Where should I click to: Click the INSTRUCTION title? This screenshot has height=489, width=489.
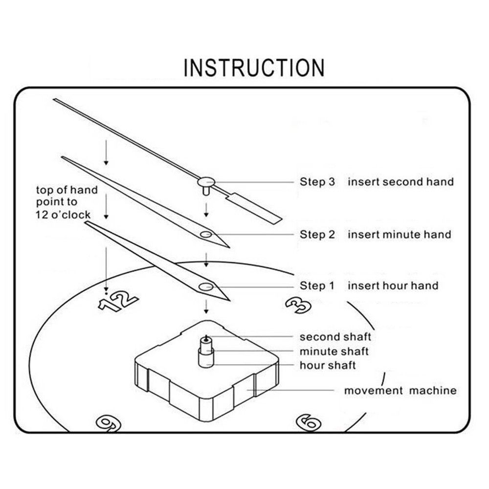click(x=254, y=67)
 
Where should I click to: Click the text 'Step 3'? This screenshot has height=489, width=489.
click(x=317, y=182)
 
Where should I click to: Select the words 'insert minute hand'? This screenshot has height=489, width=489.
click(x=399, y=235)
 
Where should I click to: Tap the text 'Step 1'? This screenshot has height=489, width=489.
click(x=317, y=286)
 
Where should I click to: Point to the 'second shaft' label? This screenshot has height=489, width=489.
click(x=335, y=337)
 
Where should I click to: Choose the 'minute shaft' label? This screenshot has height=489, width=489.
click(x=334, y=351)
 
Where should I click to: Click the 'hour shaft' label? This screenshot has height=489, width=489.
click(x=328, y=365)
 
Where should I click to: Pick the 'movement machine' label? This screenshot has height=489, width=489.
click(x=400, y=391)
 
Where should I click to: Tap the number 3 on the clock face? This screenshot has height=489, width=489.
click(x=298, y=305)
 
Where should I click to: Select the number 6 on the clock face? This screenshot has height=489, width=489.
click(x=309, y=422)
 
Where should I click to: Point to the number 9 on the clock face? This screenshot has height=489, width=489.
click(x=108, y=422)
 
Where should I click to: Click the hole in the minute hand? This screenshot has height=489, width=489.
click(x=206, y=235)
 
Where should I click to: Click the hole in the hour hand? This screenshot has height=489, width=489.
click(x=206, y=287)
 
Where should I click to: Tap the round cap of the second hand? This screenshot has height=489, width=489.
click(x=206, y=181)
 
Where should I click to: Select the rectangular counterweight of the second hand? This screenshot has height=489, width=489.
click(x=255, y=208)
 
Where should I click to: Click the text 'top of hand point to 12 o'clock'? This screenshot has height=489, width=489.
click(x=67, y=202)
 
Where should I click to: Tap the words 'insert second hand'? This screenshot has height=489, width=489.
click(x=400, y=182)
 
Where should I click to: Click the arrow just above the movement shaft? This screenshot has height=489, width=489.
click(x=206, y=307)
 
